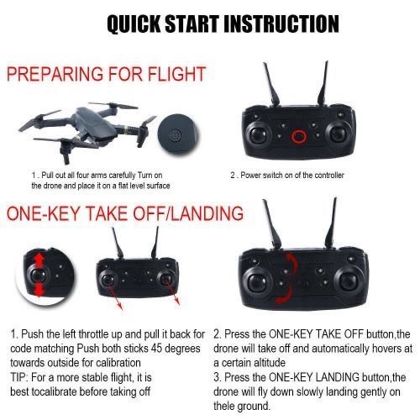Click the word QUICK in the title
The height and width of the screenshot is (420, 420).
(x=134, y=24)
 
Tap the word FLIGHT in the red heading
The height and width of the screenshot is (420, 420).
(x=176, y=74)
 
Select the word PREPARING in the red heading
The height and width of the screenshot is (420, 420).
(x=55, y=74)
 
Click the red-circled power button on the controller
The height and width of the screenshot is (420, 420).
(x=298, y=136)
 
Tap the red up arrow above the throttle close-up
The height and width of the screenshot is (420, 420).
(x=39, y=260)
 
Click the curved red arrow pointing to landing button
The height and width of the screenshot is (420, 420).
(x=287, y=295)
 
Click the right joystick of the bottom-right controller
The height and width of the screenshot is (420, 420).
(x=350, y=281)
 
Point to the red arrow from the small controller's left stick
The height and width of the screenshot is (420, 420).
(x=115, y=295)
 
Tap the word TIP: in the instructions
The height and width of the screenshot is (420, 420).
(x=19, y=377)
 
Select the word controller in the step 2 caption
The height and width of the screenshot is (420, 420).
(x=329, y=176)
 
